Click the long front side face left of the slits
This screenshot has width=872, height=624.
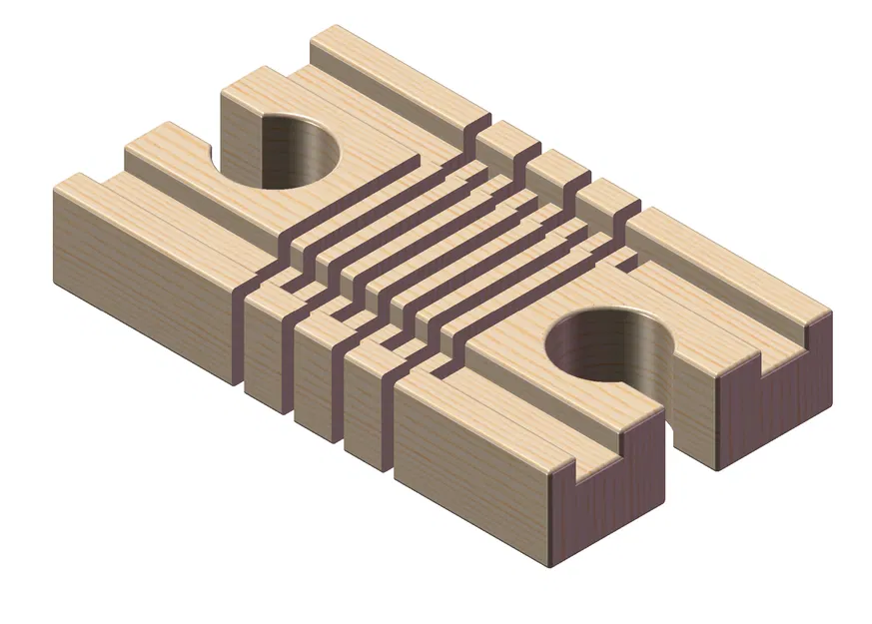coord(140,280)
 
